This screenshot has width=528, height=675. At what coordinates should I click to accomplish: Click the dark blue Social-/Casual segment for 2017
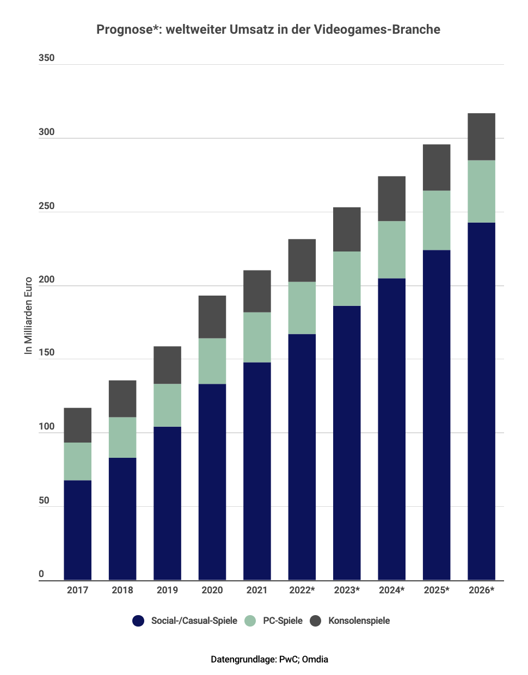click(x=77, y=530)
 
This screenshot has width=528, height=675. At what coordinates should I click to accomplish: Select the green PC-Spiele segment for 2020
click(x=212, y=361)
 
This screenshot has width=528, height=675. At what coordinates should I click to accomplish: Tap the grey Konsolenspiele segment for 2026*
click(x=482, y=137)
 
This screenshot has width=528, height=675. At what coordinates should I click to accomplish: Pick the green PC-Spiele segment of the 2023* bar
click(x=347, y=278)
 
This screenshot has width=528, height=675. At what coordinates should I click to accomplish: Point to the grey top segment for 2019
click(x=167, y=365)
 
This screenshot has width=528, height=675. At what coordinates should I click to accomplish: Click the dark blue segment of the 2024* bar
click(x=392, y=429)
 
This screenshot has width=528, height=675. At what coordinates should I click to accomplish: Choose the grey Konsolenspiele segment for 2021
click(x=257, y=291)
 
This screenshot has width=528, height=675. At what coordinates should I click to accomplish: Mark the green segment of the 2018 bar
click(x=122, y=437)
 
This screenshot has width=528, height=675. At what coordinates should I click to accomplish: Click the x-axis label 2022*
click(x=302, y=590)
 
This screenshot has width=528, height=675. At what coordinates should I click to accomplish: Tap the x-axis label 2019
click(x=167, y=590)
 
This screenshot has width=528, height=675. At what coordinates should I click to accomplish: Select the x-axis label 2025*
click(x=437, y=590)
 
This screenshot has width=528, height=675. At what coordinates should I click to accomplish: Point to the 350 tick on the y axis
click(x=46, y=58)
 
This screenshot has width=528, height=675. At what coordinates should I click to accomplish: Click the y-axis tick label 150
click(x=46, y=352)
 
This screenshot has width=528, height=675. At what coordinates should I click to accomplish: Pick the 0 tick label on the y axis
click(x=41, y=574)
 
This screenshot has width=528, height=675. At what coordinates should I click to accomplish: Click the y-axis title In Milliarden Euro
click(x=28, y=316)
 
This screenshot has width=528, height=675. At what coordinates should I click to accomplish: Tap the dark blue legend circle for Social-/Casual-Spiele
click(x=138, y=621)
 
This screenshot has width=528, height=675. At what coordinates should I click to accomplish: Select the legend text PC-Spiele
click(x=283, y=621)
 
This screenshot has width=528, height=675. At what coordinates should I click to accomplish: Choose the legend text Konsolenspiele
click(x=359, y=621)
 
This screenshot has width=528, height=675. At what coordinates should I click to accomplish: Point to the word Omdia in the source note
click(x=315, y=659)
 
